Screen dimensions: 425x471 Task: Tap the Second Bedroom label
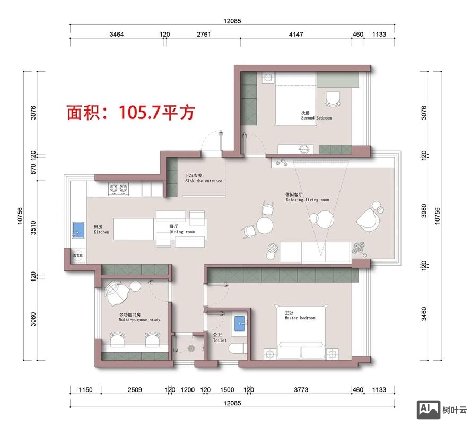click(x=316, y=115)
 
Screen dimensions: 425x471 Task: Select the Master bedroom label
click(x=300, y=316)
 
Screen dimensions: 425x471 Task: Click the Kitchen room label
click(x=101, y=229)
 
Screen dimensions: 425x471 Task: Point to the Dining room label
click(x=182, y=229)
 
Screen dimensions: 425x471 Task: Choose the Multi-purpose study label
click(x=139, y=318)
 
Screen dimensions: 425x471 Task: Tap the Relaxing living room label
click(x=307, y=198)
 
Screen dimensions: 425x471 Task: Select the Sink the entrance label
click(x=203, y=178)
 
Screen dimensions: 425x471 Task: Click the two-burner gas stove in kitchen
click(x=119, y=188)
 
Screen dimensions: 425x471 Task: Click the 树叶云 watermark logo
click(x=443, y=409)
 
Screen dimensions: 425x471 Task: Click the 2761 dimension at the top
click(x=204, y=35)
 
